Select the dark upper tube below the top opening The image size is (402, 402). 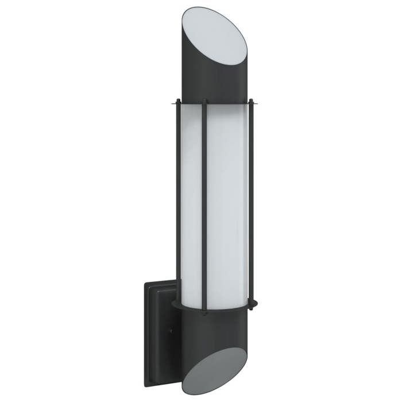[198, 80]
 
